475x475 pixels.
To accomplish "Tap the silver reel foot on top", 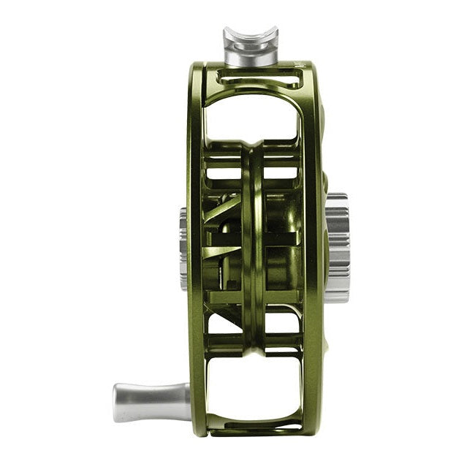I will point(251,45).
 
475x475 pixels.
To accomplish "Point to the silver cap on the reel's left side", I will point(183,248).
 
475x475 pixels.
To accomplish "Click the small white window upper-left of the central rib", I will point(223,172).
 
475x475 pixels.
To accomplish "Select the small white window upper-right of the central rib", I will point(281,172).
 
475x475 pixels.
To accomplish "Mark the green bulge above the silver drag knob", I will point(324,183).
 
